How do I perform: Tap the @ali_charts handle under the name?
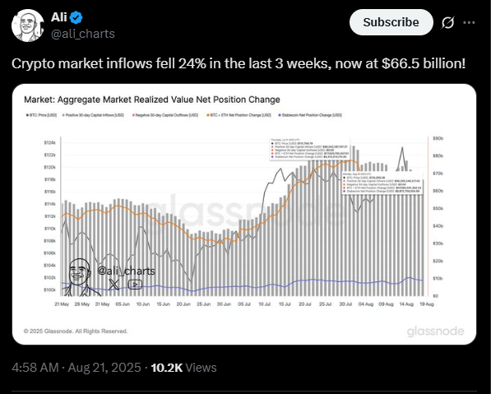84,33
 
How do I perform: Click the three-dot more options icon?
470,22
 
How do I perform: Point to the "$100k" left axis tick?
49,290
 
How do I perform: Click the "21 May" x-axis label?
60,304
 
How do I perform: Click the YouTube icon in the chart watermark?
135,284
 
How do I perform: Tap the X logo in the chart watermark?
114,284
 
